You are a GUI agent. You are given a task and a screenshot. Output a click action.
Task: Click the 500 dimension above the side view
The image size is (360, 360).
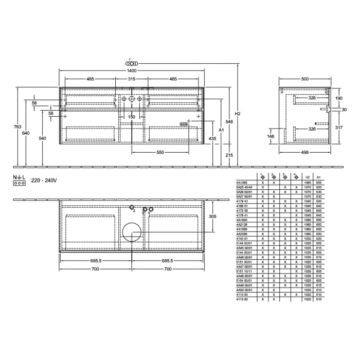[305, 79]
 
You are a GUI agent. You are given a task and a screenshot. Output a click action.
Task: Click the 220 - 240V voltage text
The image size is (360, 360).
[44, 181]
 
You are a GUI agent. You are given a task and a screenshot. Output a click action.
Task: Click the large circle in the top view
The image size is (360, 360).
[132, 232]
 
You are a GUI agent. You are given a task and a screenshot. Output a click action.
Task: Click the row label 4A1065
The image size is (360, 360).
[242, 183]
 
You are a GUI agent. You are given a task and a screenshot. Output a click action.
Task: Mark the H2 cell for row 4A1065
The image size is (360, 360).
[308, 183]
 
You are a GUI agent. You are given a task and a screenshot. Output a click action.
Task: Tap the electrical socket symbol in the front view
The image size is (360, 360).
[183, 124]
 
